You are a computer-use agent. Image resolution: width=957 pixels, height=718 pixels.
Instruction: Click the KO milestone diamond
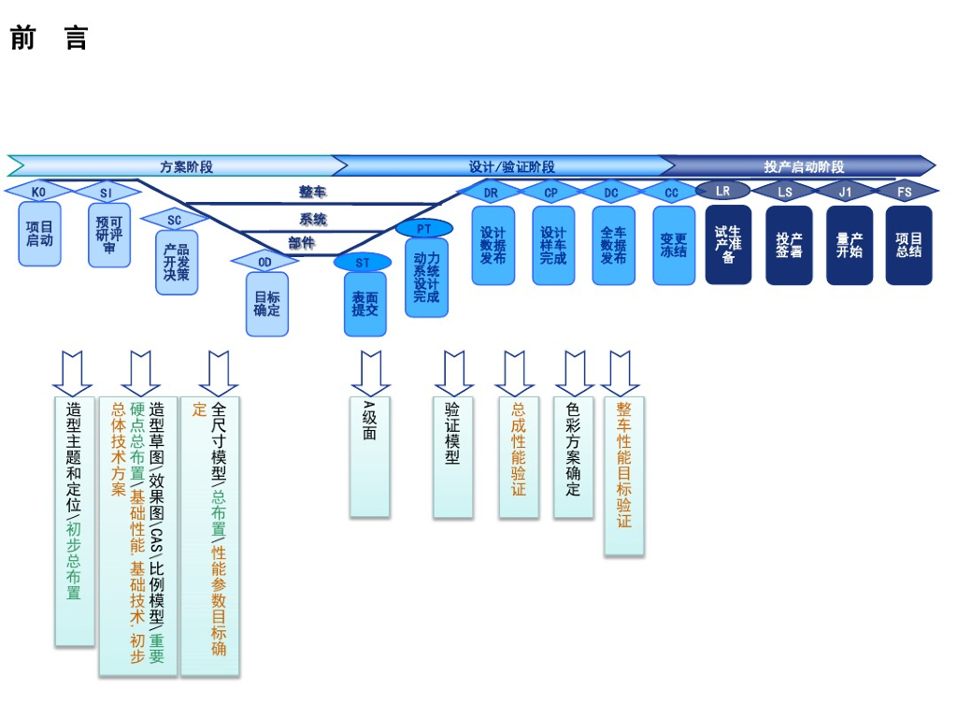[38, 192]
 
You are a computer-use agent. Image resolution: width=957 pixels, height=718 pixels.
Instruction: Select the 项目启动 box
[40, 234]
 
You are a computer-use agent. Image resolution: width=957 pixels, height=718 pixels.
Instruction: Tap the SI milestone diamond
[106, 193]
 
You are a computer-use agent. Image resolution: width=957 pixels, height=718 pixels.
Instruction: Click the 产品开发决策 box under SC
[177, 262]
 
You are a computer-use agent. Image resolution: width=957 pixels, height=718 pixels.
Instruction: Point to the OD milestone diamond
[265, 262]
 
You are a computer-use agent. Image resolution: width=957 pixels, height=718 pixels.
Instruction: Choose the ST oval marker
[363, 263]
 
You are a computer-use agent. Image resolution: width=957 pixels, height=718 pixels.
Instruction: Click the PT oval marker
[424, 228]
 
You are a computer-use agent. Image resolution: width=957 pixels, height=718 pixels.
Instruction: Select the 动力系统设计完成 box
[426, 278]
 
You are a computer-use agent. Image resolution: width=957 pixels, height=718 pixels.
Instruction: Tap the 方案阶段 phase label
[187, 166]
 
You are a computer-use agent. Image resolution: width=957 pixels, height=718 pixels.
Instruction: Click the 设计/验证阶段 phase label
[511, 166]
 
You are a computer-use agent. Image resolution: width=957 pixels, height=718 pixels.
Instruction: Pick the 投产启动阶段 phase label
[804, 166]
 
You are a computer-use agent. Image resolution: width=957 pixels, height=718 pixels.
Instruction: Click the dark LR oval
[723, 191]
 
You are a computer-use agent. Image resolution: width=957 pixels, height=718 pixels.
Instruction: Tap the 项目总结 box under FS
[908, 245]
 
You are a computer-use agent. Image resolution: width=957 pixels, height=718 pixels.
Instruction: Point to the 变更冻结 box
[673, 245]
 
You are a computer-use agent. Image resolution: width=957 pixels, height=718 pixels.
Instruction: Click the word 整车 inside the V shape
[312, 192]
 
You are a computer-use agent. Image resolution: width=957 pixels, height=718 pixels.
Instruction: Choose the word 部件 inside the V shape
[301, 242]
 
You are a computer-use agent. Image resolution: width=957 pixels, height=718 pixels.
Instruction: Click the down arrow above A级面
[370, 373]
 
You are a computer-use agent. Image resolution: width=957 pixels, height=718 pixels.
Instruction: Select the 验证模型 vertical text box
[452, 457]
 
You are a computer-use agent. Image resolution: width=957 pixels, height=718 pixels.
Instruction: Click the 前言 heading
[49, 38]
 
